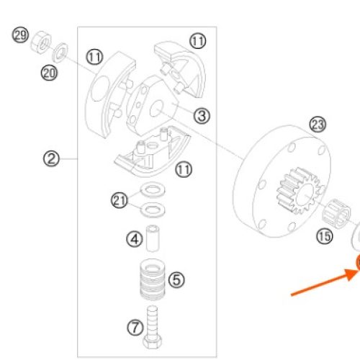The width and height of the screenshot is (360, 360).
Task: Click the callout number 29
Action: [x=20, y=35]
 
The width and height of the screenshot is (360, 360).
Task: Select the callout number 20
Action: [x=49, y=73]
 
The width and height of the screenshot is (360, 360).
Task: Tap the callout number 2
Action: [x=51, y=158]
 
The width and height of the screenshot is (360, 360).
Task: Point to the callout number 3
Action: [x=202, y=116]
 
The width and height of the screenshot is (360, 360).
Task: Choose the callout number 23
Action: [x=318, y=125]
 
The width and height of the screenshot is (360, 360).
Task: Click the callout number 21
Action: [x=120, y=200]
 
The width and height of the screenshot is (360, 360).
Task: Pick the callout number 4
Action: [x=135, y=239]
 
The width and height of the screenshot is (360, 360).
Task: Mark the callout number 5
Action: [x=176, y=280]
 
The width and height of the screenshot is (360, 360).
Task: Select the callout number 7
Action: [x=135, y=328]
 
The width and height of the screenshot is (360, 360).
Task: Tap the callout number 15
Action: [x=325, y=236]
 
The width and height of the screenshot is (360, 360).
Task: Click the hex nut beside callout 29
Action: [x=41, y=42]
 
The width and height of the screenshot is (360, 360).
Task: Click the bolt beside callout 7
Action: [x=153, y=327]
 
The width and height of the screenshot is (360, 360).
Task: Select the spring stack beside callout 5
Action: [x=153, y=279]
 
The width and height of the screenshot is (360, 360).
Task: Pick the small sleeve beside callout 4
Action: [x=153, y=238]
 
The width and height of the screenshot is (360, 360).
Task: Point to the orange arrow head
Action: [x=352, y=274]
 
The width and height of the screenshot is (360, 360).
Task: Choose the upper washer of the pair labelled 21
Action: [x=153, y=189]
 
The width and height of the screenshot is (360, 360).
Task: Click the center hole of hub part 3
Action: [x=156, y=109]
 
